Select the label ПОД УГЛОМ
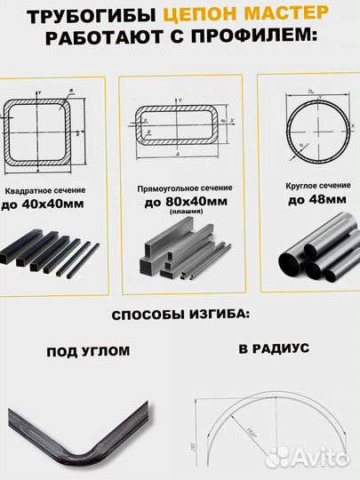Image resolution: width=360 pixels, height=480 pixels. [x=88, y=351]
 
